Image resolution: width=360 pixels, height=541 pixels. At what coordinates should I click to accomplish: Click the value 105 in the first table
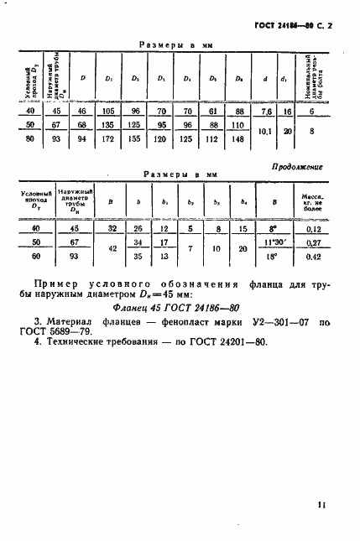(x=107, y=112)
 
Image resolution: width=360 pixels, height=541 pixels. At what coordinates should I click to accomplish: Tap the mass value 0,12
(x=313, y=229)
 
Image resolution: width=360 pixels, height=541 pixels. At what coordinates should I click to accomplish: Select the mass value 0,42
(x=313, y=257)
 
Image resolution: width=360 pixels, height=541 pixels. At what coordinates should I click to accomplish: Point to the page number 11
(x=322, y=505)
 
